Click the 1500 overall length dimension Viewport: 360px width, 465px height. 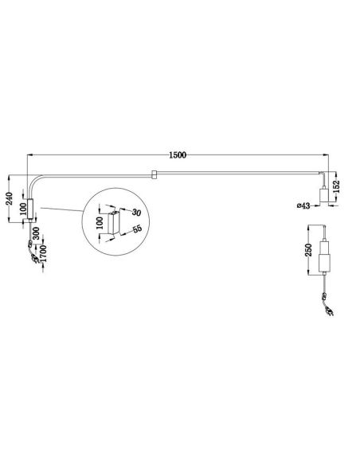coord(178,155)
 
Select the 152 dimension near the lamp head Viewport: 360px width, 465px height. coord(339,185)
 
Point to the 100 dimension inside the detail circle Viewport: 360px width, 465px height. coord(100,220)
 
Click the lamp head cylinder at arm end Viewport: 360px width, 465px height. coord(326,196)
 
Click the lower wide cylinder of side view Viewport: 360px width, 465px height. coord(326,262)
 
